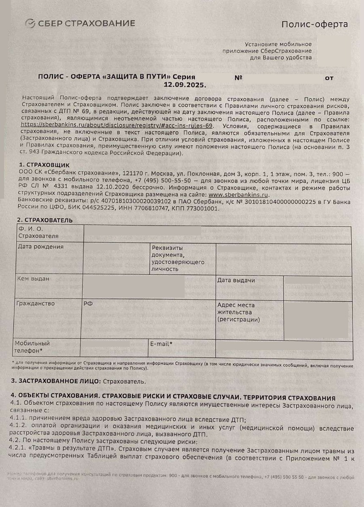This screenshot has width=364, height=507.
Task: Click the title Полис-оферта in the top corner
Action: click(x=315, y=24)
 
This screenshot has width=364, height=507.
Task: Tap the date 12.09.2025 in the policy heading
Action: click(x=186, y=85)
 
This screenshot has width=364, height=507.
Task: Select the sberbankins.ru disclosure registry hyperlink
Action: click(x=118, y=125)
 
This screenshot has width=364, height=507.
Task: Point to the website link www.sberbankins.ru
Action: click(x=239, y=195)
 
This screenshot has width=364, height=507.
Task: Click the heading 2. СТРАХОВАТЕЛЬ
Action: click(x=44, y=220)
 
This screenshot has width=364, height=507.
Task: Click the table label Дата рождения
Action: click(x=40, y=247)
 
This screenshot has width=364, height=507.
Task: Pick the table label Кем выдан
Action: click(x=33, y=278)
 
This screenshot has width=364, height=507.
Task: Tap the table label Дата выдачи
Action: click(x=236, y=281)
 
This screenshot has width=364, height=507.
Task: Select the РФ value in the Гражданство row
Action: click(x=88, y=303)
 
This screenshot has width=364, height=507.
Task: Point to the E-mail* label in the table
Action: click(x=161, y=343)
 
